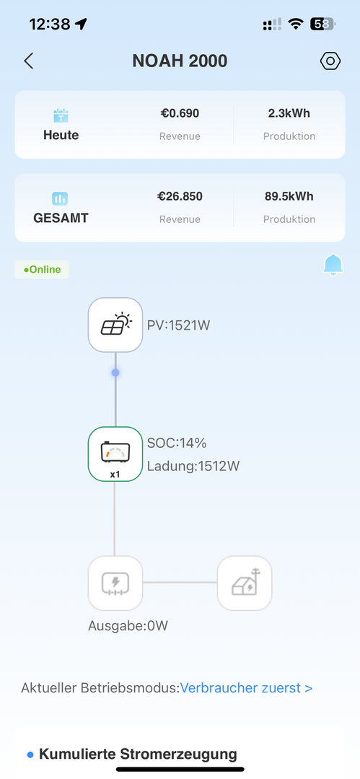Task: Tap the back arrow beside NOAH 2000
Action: point(28,61)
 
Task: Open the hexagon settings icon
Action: point(330,61)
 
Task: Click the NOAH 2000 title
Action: point(180,61)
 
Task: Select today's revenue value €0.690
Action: point(180,113)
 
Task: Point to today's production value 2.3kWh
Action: point(289,113)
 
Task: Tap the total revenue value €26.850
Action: point(180,196)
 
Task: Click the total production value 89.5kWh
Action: point(289,196)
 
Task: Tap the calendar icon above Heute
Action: point(61,116)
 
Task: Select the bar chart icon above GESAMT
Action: point(60,199)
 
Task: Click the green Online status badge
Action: point(43,270)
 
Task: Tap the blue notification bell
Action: point(333,265)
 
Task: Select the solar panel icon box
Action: point(115,325)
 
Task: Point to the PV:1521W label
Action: point(178,325)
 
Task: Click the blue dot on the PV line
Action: point(115,372)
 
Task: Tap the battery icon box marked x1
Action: point(115,454)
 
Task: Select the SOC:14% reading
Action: point(177,443)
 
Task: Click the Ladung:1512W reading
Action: point(193,466)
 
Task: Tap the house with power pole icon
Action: point(245,583)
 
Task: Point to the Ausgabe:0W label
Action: point(128,626)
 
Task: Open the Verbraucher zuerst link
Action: point(246,688)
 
